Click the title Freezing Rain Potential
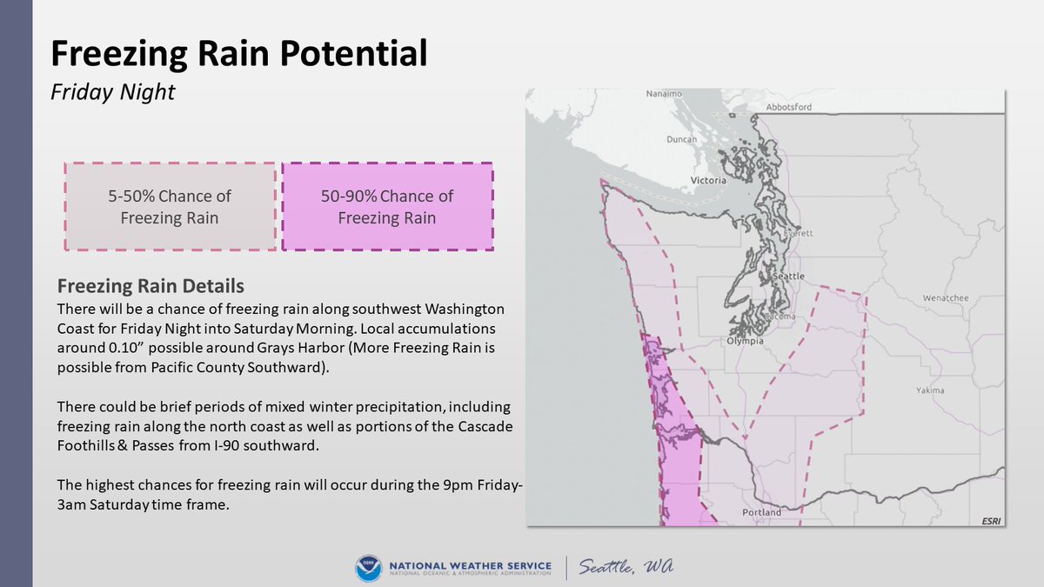point(238,54)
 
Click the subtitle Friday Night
point(113,92)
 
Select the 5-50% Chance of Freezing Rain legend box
point(170,207)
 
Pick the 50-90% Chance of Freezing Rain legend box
point(387,207)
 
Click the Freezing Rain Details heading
point(151,286)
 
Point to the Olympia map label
point(745,342)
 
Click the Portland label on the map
point(762,512)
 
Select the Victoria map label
point(706,181)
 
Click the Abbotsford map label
point(788,107)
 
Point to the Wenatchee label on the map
point(945,298)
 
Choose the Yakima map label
point(930,390)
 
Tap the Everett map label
point(797,234)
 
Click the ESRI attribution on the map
point(990,520)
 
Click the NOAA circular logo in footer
point(368,568)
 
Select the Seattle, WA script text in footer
point(626,567)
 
